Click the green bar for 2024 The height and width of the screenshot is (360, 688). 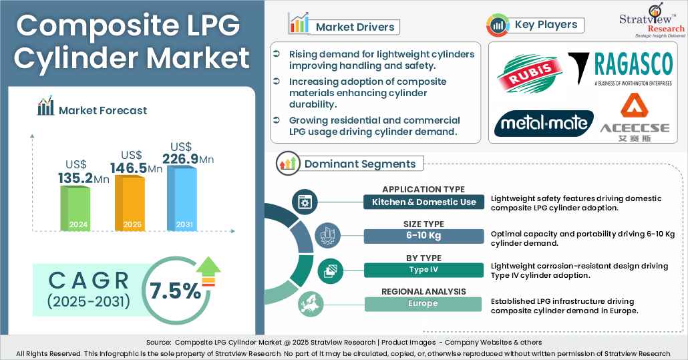(75, 208)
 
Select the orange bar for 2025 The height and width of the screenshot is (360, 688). (130, 203)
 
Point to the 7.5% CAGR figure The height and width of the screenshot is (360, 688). (175, 291)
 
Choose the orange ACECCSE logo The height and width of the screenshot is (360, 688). (634, 116)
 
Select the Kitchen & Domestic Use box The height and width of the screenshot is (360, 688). (423, 202)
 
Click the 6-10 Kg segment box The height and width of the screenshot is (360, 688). (423, 236)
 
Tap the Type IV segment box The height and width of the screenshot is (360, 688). (423, 270)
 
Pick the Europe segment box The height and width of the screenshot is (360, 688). (423, 304)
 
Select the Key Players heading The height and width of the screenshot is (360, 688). (545, 25)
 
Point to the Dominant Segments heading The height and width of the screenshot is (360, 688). (359, 164)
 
